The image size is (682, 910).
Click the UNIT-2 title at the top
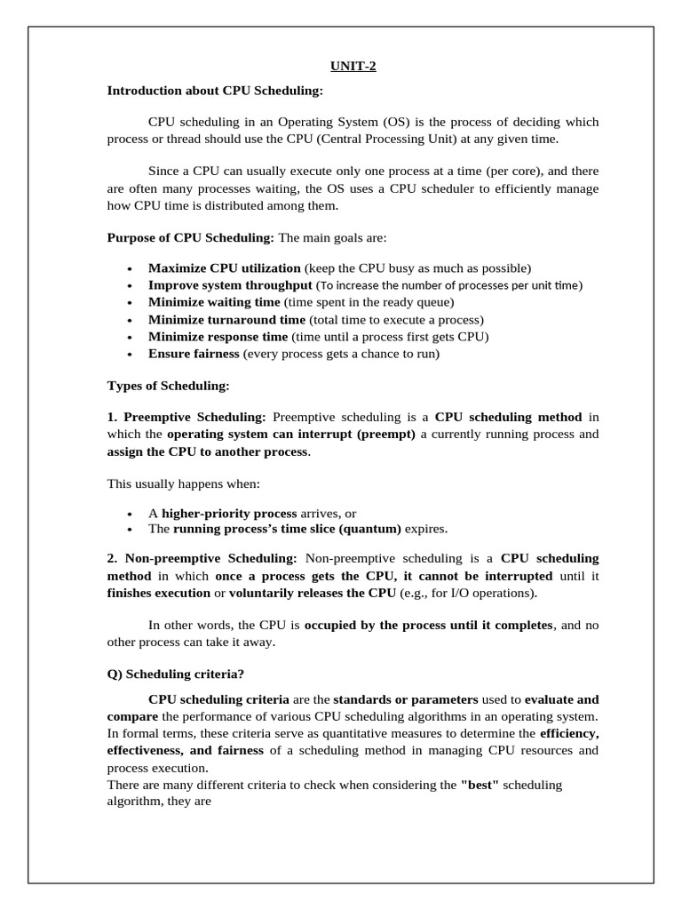[353, 65]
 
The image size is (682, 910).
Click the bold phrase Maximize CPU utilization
[225, 268]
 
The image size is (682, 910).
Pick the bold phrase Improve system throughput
[230, 285]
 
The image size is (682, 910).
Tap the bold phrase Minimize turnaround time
[226, 319]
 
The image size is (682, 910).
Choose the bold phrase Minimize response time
[218, 337]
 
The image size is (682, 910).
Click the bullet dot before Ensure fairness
[130, 355]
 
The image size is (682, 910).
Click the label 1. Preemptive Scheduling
[186, 417]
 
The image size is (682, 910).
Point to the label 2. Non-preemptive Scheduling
[202, 558]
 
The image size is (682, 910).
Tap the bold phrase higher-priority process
[229, 514]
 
